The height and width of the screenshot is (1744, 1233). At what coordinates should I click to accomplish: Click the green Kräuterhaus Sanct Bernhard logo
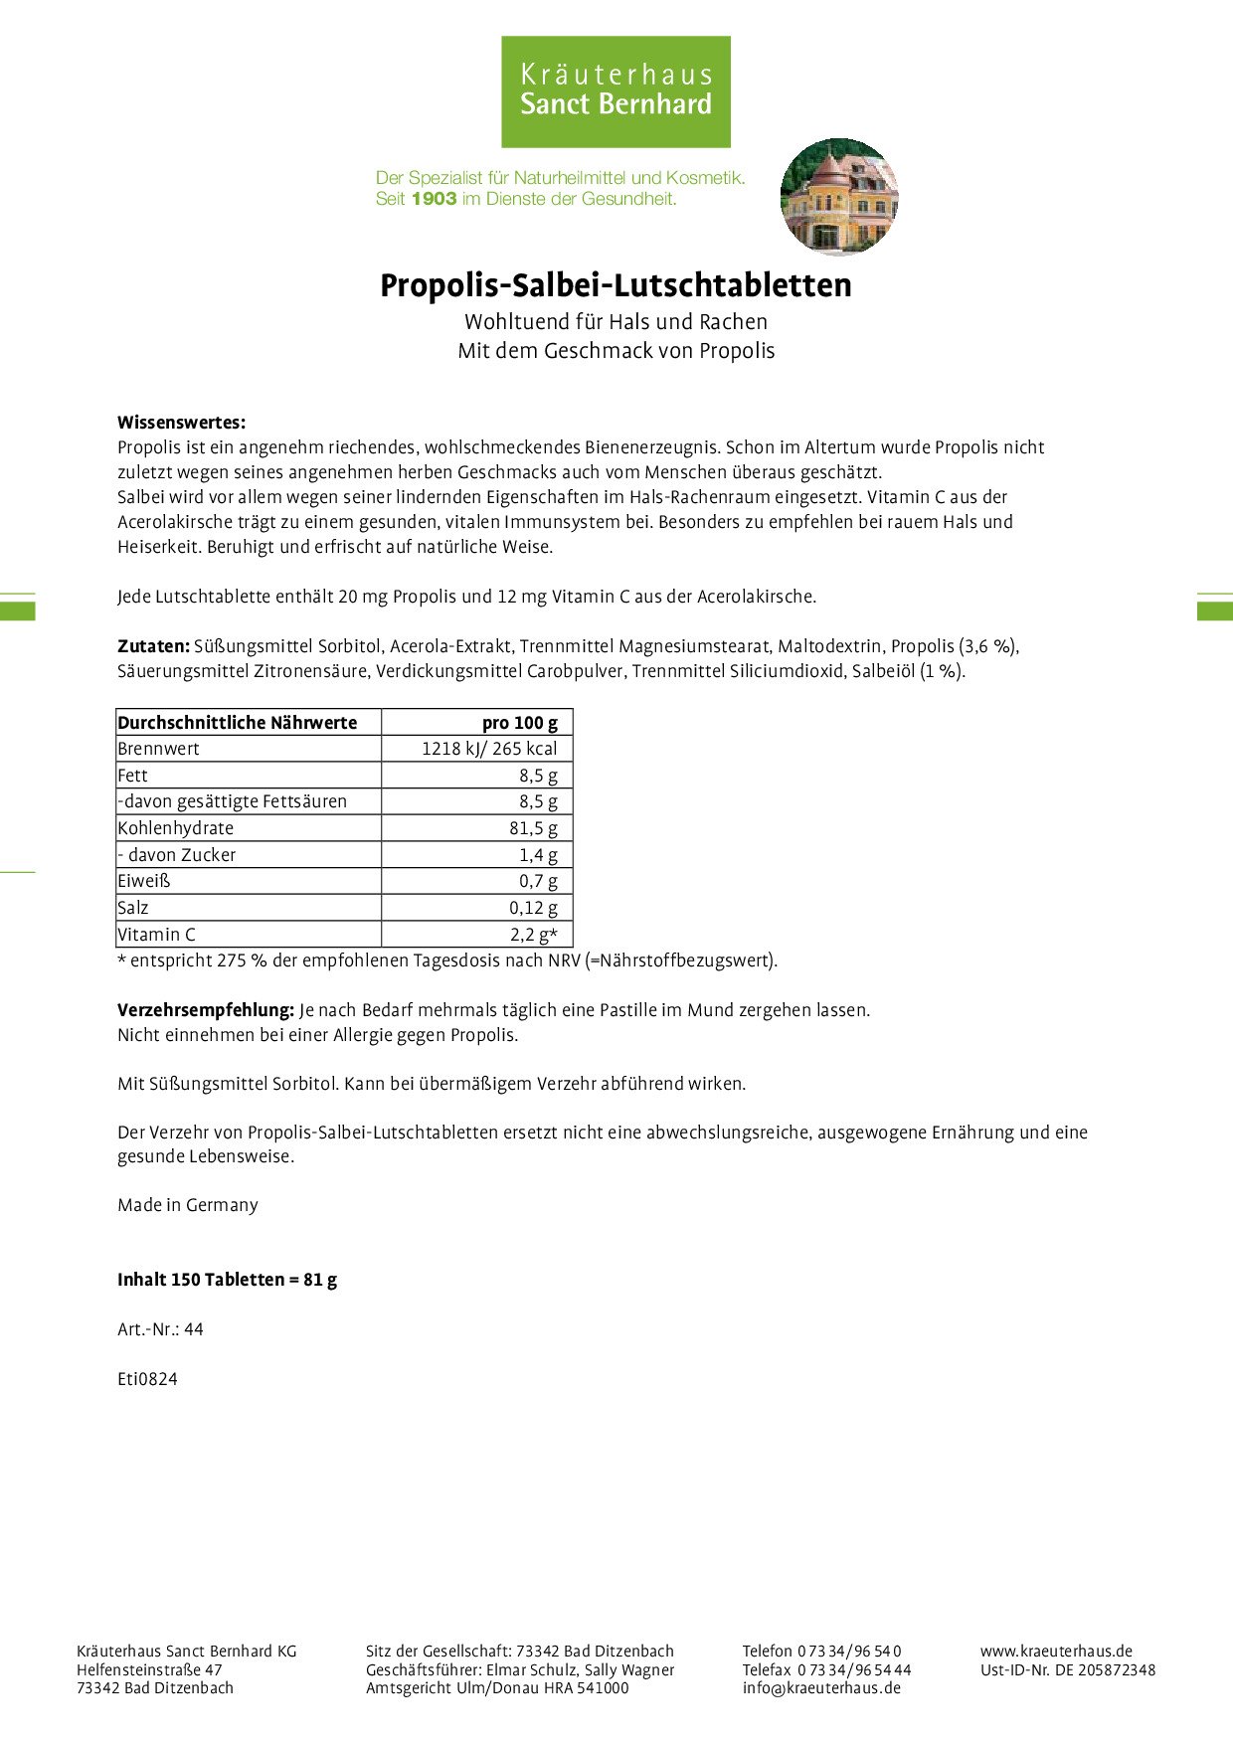616,91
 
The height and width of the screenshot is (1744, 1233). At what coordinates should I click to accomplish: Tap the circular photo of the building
839,197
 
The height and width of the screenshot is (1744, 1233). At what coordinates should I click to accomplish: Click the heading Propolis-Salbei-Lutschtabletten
616,285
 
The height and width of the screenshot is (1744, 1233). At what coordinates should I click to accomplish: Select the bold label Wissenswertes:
181,423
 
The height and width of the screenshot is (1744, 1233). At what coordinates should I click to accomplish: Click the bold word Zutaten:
153,646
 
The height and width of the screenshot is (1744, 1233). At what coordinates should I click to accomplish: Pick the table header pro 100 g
519,723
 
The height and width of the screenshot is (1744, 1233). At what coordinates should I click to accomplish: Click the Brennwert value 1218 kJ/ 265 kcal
489,749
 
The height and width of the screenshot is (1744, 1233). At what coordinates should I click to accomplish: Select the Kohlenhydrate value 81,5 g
533,828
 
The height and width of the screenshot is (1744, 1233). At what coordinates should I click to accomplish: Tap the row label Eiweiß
144,881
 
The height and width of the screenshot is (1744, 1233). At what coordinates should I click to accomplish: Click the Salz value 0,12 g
533,908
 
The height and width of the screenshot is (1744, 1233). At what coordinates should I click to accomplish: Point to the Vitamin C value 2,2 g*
534,935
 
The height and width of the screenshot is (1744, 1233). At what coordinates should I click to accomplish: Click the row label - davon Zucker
177,855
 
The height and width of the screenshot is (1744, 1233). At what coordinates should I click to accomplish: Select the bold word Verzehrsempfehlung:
206,1010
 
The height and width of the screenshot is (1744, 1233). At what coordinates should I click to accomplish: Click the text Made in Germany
188,1205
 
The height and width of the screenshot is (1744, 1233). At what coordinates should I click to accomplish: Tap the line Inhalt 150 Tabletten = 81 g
227,1280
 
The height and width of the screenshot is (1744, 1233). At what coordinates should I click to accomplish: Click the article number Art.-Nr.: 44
160,1329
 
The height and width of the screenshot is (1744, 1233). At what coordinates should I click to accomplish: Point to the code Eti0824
147,1379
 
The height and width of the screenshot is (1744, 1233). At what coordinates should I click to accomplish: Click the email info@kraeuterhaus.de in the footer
821,1687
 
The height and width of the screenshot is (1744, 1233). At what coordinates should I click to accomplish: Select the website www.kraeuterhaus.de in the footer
1056,1651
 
